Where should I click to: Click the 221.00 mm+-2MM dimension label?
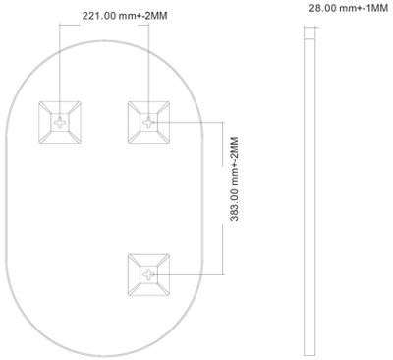(125, 16)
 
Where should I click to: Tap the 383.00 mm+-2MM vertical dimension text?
(234, 179)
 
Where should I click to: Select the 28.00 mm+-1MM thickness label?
(349, 8)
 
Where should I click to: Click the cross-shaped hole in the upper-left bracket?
(60, 123)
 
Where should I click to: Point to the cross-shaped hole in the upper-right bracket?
(148, 123)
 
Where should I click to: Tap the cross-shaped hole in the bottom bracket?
(148, 274)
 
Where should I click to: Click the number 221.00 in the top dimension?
(98, 16)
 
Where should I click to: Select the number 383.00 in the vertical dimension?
(234, 204)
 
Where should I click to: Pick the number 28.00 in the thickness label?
(323, 8)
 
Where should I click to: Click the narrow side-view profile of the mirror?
(309, 197)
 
